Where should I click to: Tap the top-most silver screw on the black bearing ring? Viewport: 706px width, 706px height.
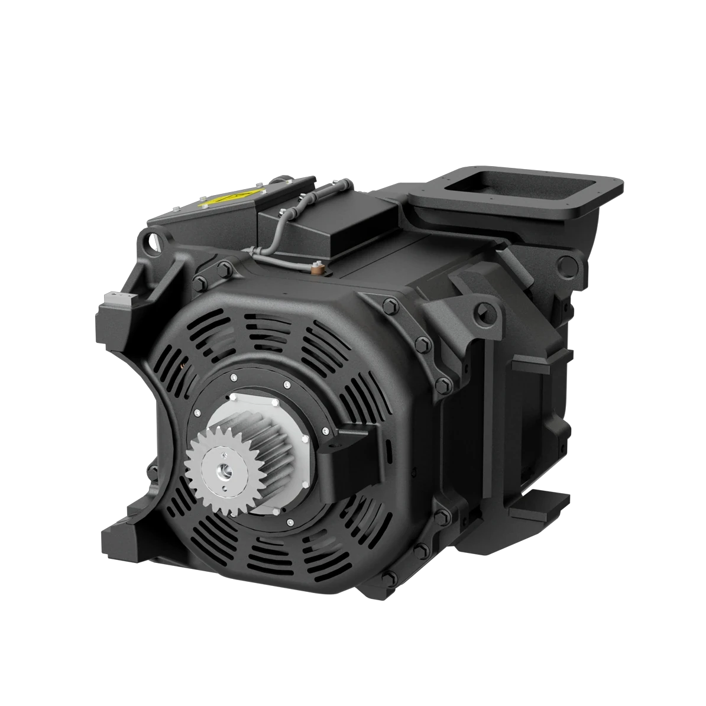pos(235,377)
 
